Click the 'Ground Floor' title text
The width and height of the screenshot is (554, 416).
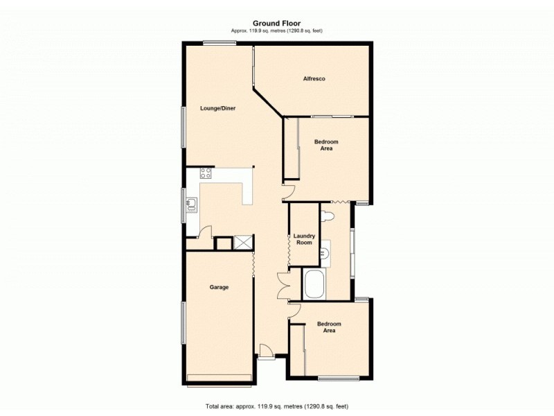pyautogui.click(x=276, y=23)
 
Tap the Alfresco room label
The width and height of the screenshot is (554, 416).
pyautogui.click(x=314, y=78)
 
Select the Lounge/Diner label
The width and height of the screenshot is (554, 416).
pyautogui.click(x=218, y=108)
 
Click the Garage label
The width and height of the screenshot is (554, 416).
pyautogui.click(x=219, y=287)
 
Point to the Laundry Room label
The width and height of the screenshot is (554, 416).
pyautogui.click(x=303, y=239)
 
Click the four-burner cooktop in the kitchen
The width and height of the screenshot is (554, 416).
pyautogui.click(x=206, y=173)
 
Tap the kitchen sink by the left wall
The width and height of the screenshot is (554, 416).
pyautogui.click(x=192, y=204)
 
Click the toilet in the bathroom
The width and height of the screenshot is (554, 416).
pyautogui.click(x=330, y=216)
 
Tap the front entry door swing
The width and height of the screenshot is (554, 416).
pyautogui.click(x=265, y=350)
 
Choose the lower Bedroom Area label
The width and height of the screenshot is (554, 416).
pyautogui.click(x=329, y=327)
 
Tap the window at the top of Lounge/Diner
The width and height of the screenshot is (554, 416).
pyautogui.click(x=219, y=44)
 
